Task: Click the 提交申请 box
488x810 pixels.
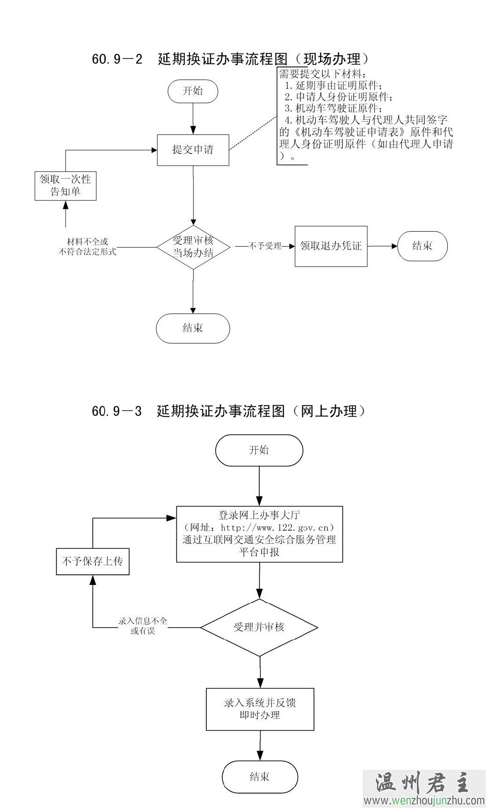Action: [x=193, y=150]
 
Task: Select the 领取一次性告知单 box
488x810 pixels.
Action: [x=66, y=186]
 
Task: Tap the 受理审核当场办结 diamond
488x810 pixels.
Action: [x=193, y=247]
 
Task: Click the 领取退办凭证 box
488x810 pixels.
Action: [x=331, y=246]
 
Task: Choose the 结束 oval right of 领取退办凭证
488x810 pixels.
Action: [x=422, y=246]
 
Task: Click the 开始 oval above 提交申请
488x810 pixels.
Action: [x=193, y=91]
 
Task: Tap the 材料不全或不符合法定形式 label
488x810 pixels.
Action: [x=87, y=247]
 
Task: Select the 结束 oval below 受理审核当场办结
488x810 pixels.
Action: [x=193, y=328]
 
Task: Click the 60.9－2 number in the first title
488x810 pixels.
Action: [x=117, y=59]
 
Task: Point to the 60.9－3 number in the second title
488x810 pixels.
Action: [x=117, y=411]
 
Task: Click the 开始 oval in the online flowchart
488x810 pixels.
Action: [x=259, y=450]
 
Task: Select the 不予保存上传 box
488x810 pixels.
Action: [x=93, y=561]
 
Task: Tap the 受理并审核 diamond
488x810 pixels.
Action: [x=259, y=628]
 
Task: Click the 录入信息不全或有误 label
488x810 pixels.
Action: [x=143, y=626]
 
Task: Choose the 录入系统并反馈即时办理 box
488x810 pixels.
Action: [x=260, y=709]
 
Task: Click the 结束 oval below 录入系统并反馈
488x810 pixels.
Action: [x=260, y=777]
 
